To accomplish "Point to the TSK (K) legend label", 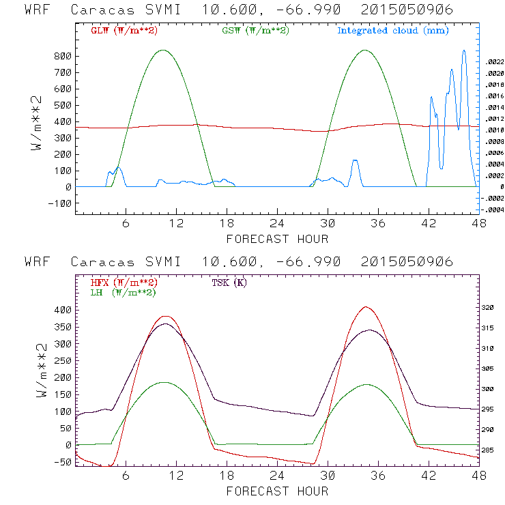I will [x=229, y=283].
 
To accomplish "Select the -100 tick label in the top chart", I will [x=59, y=203].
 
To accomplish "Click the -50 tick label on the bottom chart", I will [x=63, y=462].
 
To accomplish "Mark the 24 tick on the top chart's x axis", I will [x=277, y=224].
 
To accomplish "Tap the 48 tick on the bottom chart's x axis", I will [x=477, y=476].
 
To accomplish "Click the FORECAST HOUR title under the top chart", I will [x=277, y=239].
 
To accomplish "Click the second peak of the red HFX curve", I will [x=366, y=307].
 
